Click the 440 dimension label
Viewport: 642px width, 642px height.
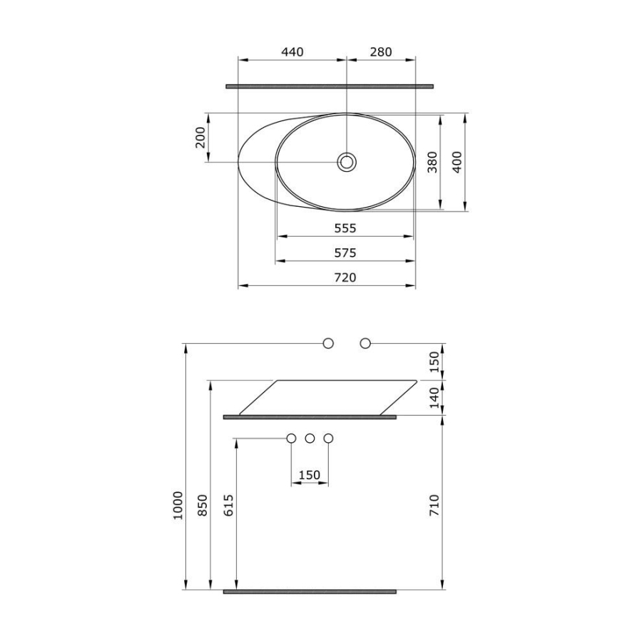point(292,52)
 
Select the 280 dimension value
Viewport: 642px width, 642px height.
point(381,52)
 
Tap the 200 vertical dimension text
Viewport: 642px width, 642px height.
point(200,138)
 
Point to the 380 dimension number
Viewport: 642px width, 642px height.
point(432,162)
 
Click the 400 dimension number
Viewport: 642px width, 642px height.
point(457,162)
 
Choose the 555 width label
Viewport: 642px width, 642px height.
point(345,228)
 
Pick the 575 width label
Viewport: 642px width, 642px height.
point(345,253)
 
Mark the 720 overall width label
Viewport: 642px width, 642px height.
point(345,277)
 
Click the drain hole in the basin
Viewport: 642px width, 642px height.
point(347,162)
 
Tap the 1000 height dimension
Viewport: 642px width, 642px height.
point(178,506)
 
